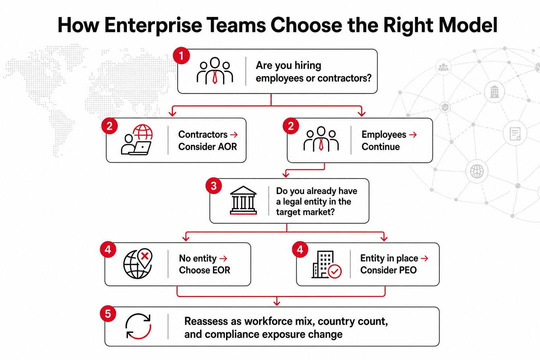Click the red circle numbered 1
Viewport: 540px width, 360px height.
point(181,56)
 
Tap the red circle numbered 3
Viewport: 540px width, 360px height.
point(214,186)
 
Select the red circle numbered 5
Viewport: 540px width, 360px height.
point(108,314)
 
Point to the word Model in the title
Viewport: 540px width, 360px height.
point(468,25)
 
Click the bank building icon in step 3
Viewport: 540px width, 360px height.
point(243,200)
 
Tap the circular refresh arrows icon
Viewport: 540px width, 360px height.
point(139,326)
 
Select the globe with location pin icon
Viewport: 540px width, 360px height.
point(138,264)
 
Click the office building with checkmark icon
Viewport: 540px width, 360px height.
point(326,265)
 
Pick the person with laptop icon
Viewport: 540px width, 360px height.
point(137,140)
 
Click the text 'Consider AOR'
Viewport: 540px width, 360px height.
point(207,147)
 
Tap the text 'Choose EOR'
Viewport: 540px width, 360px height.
point(204,270)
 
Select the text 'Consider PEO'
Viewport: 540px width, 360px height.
point(388,270)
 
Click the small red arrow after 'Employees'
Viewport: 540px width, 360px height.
point(413,135)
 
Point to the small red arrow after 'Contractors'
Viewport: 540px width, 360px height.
point(234,135)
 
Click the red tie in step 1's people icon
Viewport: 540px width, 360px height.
point(215,77)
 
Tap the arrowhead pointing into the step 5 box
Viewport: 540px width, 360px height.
point(277,303)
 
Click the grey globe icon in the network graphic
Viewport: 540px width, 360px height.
point(477,172)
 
